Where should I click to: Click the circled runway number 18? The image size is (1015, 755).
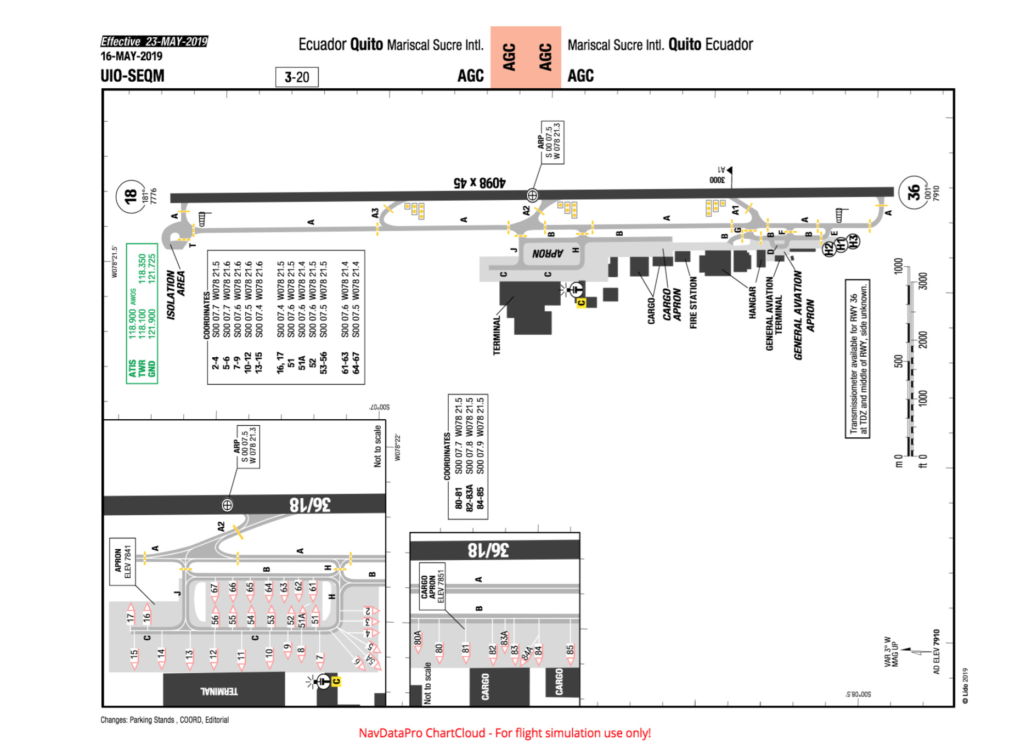(130, 196)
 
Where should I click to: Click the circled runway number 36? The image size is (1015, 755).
(913, 192)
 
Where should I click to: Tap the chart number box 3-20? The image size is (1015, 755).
(297, 77)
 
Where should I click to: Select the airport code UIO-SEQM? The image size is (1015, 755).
(132, 76)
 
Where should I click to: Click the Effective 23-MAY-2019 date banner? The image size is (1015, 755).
(154, 41)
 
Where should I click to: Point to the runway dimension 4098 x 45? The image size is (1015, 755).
(479, 182)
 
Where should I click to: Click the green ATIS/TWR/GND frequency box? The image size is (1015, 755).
(142, 313)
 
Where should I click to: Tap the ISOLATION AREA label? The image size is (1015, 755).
(176, 294)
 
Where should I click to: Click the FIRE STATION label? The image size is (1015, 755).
(693, 302)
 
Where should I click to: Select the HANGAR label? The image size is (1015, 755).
(752, 302)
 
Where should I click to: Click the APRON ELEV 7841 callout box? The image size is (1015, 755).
(122, 561)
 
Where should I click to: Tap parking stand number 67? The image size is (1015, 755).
(214, 588)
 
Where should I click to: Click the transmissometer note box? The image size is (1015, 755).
(857, 359)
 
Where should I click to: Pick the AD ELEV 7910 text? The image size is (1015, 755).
(936, 651)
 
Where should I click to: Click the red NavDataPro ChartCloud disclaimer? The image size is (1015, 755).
(505, 733)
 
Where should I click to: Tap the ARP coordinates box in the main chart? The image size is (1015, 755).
(552, 142)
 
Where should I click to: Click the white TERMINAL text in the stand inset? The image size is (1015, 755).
(219, 691)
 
